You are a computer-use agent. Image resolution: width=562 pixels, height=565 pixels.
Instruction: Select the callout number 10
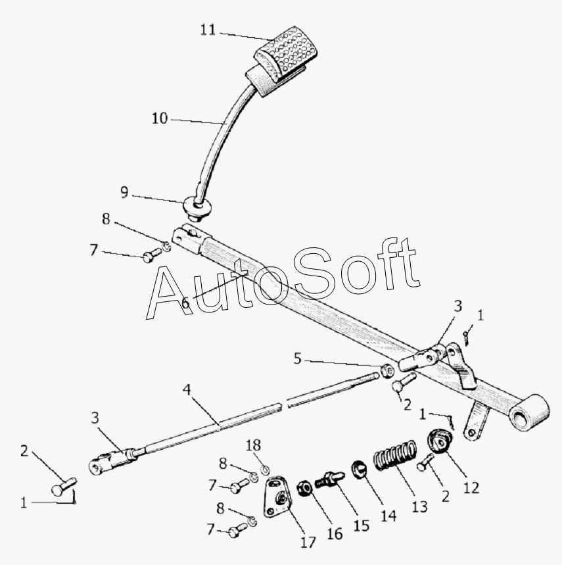click(160, 118)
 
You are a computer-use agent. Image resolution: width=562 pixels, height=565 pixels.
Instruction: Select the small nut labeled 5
click(388, 368)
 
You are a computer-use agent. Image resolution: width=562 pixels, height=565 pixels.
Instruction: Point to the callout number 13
click(419, 506)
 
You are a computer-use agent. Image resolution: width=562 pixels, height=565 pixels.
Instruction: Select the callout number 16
click(335, 533)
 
